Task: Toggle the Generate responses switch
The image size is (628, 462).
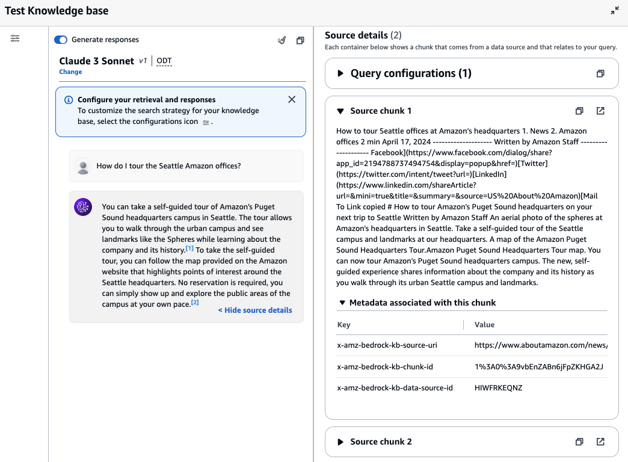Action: pyautogui.click(x=61, y=40)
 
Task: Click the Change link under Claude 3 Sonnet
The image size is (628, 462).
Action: pyautogui.click(x=70, y=72)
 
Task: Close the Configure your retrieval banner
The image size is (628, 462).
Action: pyautogui.click(x=292, y=100)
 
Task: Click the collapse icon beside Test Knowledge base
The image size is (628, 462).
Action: pyautogui.click(x=614, y=11)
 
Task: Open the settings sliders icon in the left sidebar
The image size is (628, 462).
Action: pyautogui.click(x=15, y=38)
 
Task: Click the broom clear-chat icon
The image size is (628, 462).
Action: pyautogui.click(x=282, y=40)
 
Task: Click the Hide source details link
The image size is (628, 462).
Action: pyautogui.click(x=255, y=310)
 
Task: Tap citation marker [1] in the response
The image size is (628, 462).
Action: pyautogui.click(x=189, y=248)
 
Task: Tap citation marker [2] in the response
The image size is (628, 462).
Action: pyautogui.click(x=194, y=303)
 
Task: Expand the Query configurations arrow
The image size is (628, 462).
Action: pyautogui.click(x=340, y=73)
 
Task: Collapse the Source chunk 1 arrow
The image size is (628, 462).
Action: pyautogui.click(x=340, y=111)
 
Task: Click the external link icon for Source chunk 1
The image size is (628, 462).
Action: pyautogui.click(x=600, y=111)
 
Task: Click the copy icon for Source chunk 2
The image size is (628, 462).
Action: pyautogui.click(x=579, y=442)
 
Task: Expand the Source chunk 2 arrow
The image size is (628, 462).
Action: pyautogui.click(x=340, y=442)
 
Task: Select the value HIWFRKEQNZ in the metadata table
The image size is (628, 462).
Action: pyautogui.click(x=498, y=388)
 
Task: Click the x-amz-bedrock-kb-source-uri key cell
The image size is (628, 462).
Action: pyautogui.click(x=387, y=346)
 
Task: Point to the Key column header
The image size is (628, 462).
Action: pyautogui.click(x=343, y=325)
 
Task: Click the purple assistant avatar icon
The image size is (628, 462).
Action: pyautogui.click(x=82, y=207)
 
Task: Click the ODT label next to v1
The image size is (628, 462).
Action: pyautogui.click(x=164, y=61)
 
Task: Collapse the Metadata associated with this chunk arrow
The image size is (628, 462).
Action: pyautogui.click(x=342, y=303)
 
